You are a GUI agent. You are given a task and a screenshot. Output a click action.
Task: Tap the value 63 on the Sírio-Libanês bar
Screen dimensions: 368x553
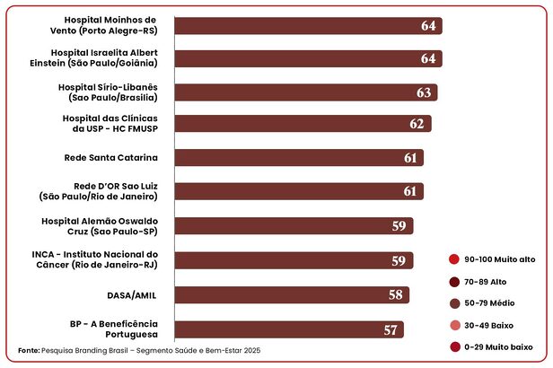tap(424, 92)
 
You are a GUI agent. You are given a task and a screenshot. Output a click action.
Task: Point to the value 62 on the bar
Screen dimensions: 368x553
tap(416, 124)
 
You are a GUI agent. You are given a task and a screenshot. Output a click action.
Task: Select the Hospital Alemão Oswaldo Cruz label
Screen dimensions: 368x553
tap(100, 225)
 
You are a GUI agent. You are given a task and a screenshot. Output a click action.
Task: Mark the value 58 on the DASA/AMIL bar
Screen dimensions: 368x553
tap(396, 294)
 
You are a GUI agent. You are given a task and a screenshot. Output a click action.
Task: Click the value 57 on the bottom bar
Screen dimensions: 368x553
tap(391, 330)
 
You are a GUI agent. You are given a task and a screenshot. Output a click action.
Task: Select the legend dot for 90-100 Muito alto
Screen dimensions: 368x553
tap(454, 259)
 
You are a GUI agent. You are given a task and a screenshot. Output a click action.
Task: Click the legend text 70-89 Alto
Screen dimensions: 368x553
tap(486, 281)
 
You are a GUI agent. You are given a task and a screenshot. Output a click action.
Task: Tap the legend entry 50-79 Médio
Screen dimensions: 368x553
tap(489, 303)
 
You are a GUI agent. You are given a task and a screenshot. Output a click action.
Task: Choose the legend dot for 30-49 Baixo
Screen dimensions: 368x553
tap(454, 325)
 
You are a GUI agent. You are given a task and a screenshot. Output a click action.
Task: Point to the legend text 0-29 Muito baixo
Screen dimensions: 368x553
tap(498, 346)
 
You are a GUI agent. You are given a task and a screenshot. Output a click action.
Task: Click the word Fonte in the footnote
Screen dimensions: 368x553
tap(29, 349)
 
